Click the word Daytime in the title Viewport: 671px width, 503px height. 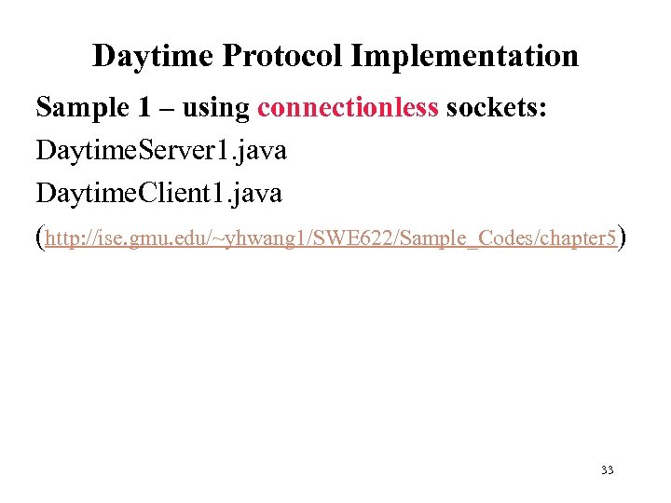(154, 57)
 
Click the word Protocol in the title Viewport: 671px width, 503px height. (282, 57)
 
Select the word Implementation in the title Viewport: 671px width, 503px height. (464, 57)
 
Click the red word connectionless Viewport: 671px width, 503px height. (348, 109)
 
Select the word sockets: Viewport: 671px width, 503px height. (498, 109)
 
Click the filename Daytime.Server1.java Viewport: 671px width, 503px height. (160, 151)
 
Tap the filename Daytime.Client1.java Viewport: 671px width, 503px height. (158, 194)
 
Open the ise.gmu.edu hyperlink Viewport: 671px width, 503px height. (330, 239)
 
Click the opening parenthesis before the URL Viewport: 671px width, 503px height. (39, 238)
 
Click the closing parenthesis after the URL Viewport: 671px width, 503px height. (622, 238)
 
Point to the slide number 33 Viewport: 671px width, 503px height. (607, 470)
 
